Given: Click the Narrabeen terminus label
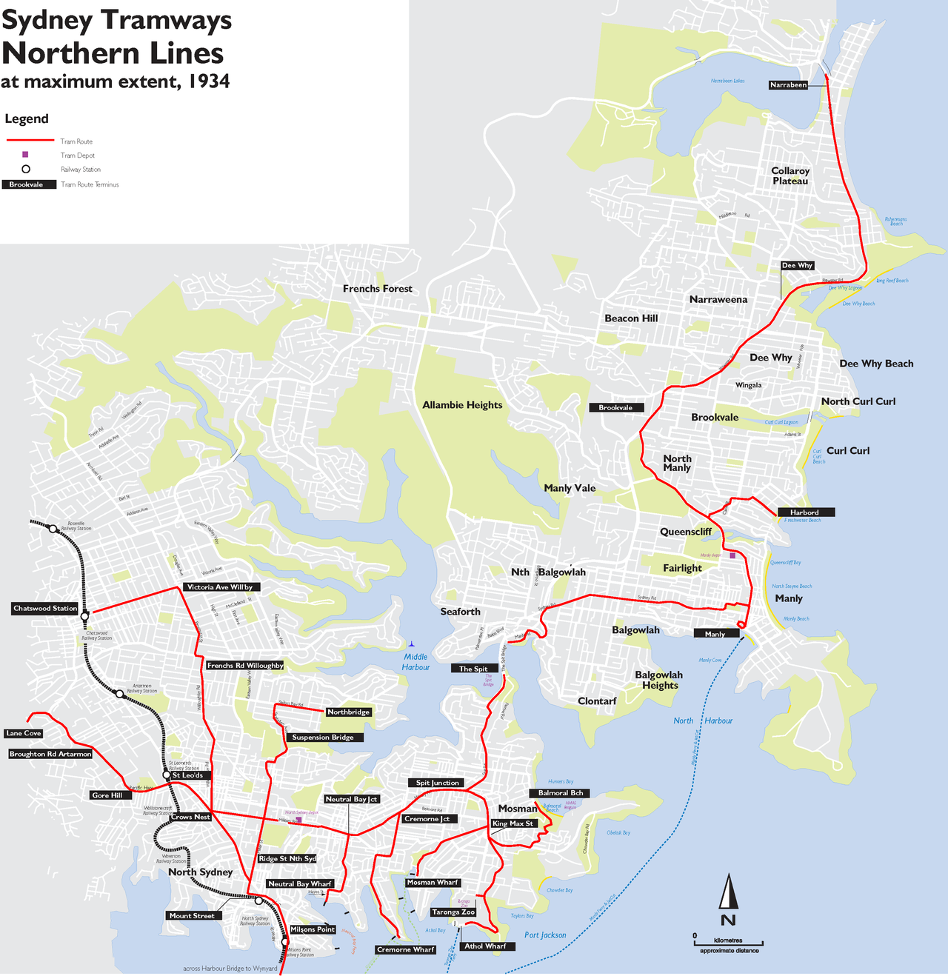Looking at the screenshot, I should point(788,85).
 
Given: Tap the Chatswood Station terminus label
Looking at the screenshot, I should point(45,609).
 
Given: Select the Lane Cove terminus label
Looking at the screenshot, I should point(23,733).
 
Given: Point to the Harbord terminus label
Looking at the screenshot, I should point(804,512).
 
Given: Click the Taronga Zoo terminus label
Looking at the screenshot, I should point(453,912).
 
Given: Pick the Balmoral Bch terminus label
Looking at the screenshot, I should point(561,793).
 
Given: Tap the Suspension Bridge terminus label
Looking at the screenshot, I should point(322,738).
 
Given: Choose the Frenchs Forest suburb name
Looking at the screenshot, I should point(377,289).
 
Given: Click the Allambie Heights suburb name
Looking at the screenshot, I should point(462,405).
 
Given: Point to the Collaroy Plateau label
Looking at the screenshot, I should point(790,176).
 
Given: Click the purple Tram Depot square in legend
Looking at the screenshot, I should point(25,155).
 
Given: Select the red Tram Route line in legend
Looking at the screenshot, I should point(30,141).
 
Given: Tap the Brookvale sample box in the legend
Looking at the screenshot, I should point(28,184).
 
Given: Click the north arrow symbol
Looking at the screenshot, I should point(729,892).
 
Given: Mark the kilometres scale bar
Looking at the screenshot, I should point(728,944).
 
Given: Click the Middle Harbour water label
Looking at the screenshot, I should point(415,662).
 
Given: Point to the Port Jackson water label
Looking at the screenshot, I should point(545,935).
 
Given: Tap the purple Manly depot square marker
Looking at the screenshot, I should point(732,555).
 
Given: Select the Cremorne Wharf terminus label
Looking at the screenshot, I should point(405,950).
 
